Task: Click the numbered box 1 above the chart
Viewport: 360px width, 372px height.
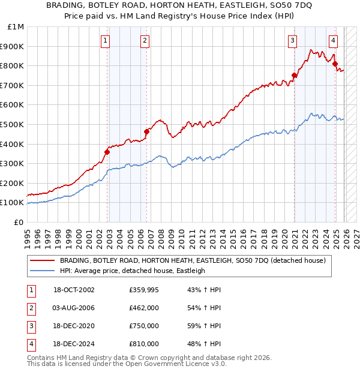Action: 105,41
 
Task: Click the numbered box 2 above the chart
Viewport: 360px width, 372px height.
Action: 145,41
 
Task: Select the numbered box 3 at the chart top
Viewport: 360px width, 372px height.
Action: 292,41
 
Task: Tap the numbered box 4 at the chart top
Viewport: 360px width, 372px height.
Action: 333,41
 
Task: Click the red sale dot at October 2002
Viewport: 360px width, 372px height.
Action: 107,152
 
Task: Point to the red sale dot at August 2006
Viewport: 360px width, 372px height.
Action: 146,131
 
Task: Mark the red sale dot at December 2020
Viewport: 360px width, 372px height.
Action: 294,76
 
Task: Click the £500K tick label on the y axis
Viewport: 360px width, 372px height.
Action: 12,124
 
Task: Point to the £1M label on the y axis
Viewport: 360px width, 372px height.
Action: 16,26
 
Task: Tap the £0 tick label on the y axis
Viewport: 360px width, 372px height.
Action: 19,222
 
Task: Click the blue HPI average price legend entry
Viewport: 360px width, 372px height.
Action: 132,271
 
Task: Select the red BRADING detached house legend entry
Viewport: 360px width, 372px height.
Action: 192,260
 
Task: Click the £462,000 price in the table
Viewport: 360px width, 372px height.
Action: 143,308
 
